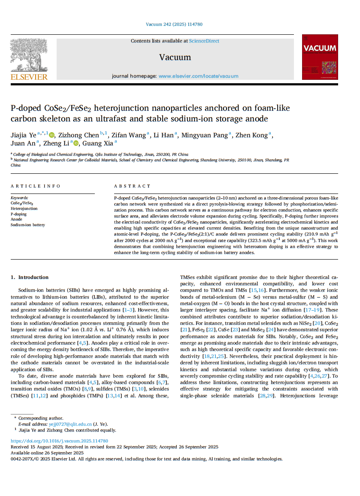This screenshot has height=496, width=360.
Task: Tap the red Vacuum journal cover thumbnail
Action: (320, 57)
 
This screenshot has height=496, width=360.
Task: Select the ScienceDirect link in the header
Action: (204, 41)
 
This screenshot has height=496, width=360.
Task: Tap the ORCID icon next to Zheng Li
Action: (76, 144)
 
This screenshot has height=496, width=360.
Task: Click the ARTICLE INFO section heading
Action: (36, 186)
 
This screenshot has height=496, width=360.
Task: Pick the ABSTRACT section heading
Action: (132, 186)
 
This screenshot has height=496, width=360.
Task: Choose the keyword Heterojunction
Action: (24, 209)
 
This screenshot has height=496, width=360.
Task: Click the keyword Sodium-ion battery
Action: (28, 225)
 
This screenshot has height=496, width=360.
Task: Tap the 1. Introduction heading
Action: (30, 277)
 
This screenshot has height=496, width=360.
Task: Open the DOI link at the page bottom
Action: (59, 441)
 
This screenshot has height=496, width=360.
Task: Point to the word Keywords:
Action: (19, 198)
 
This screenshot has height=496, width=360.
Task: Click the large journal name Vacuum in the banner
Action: (175, 57)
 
